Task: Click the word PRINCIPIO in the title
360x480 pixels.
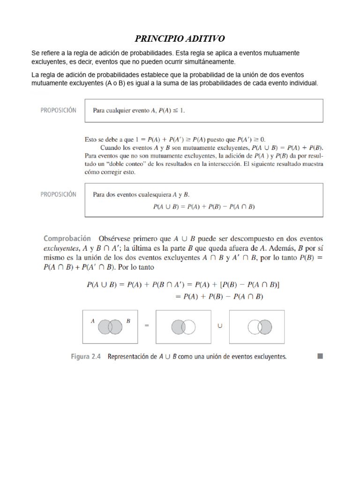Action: click(157, 38)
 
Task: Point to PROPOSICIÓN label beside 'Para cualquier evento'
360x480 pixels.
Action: click(58, 111)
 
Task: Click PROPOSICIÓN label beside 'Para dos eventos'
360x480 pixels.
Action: click(58, 194)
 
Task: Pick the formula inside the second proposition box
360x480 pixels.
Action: click(204, 206)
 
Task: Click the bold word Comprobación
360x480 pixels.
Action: click(67, 239)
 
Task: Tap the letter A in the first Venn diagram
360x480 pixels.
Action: click(93, 321)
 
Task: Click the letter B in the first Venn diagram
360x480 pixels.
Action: click(128, 321)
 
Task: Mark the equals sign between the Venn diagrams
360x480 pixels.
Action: click(147, 327)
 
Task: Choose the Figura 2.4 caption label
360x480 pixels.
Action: click(87, 356)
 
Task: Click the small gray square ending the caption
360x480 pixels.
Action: click(320, 356)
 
